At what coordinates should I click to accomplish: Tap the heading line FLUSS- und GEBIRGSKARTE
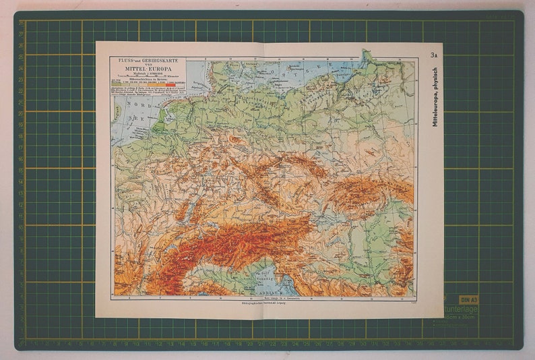click(148, 61)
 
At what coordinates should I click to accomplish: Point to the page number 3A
click(434, 56)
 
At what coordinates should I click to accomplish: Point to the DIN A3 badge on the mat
click(469, 299)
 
